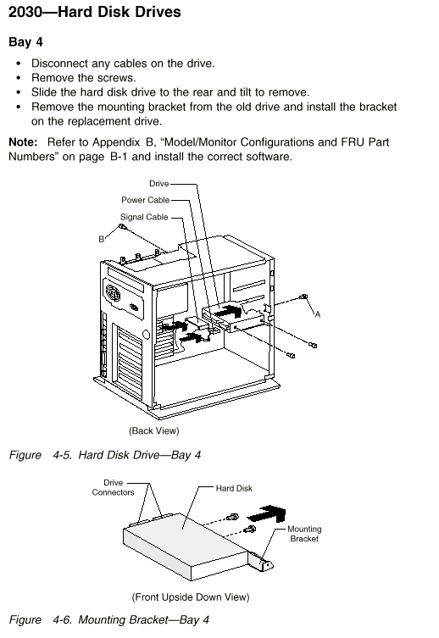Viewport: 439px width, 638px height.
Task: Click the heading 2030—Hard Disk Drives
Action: click(x=94, y=12)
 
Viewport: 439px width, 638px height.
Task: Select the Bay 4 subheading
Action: click(x=25, y=42)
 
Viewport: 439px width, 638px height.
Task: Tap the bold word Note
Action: click(x=23, y=142)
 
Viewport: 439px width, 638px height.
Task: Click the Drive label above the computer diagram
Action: click(x=158, y=184)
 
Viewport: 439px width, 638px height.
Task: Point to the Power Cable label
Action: click(x=145, y=200)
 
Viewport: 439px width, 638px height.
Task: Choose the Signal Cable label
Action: click(x=144, y=217)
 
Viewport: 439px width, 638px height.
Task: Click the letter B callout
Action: click(x=102, y=239)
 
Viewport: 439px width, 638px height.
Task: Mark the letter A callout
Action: click(x=318, y=314)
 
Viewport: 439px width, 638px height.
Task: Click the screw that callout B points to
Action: click(x=123, y=226)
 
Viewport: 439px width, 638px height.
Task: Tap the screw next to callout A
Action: click(x=303, y=297)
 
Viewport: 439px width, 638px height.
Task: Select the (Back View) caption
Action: click(x=153, y=430)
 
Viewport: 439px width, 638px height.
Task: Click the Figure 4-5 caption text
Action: click(x=105, y=454)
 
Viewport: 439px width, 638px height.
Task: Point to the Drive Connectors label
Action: click(x=113, y=487)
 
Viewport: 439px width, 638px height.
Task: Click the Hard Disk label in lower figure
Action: click(x=234, y=488)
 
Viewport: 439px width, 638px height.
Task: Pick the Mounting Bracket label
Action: click(x=304, y=534)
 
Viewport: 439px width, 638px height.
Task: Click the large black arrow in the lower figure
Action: click(x=267, y=514)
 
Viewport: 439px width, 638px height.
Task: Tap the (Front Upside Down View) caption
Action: click(x=191, y=596)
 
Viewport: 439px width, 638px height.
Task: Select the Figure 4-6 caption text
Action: click(x=109, y=619)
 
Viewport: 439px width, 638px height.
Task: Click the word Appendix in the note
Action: click(x=116, y=142)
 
